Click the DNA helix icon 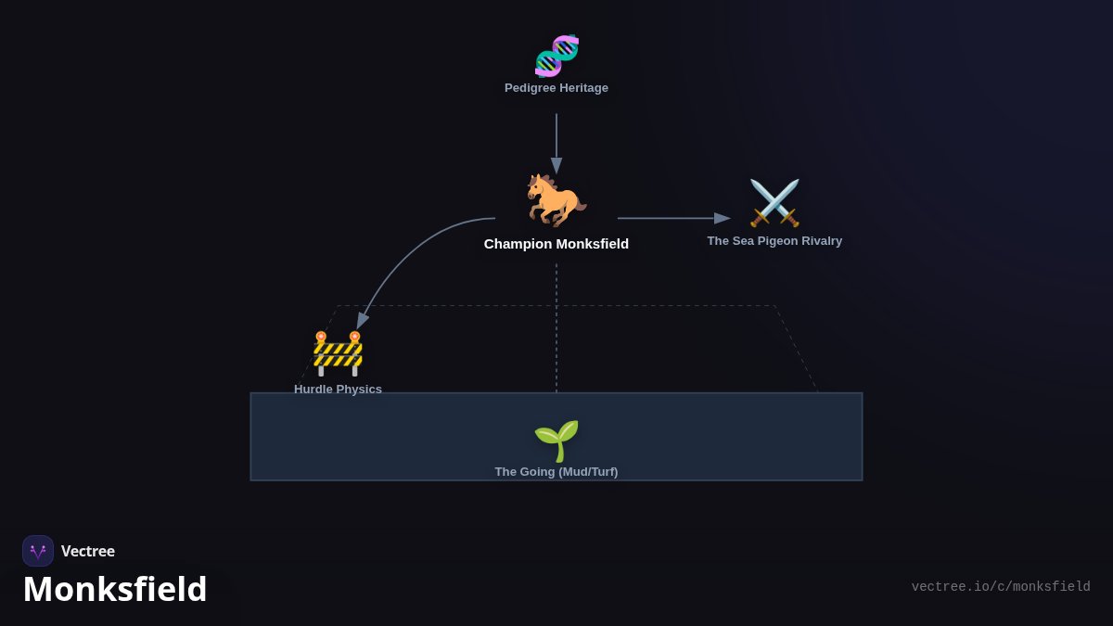point(556,56)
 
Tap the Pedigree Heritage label point(556,88)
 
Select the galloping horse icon point(556,200)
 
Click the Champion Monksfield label point(556,244)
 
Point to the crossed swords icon point(774,203)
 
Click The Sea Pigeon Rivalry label point(774,241)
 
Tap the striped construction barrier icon point(338,353)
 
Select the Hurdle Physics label point(338,389)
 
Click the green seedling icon point(556,441)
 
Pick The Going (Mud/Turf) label point(556,472)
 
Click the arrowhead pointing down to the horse point(556,166)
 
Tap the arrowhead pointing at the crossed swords point(723,218)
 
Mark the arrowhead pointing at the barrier point(363,322)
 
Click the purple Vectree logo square point(38,551)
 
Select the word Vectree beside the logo point(88,551)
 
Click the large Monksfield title point(115,589)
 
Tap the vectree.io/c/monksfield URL point(1001,587)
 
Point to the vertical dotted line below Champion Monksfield point(556,328)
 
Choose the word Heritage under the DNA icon point(583,88)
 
